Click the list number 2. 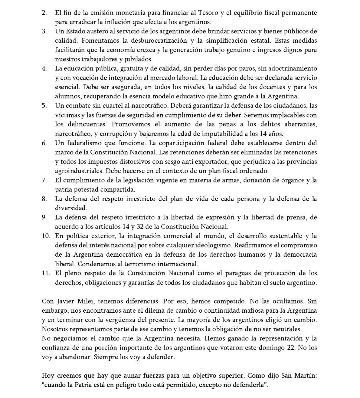click(x=44, y=13)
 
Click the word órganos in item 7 click(x=290, y=180)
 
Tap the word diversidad click(x=71, y=208)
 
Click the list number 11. click(x=46, y=273)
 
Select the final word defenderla click(x=247, y=385)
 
